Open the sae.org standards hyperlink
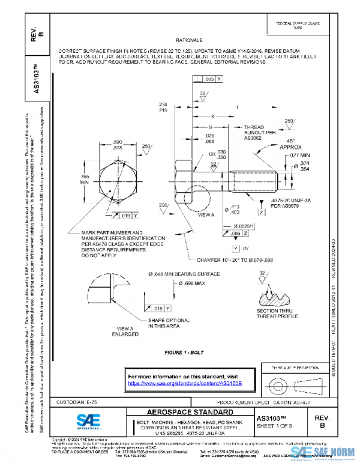tap(185, 383)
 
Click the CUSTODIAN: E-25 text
tap(77, 401)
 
